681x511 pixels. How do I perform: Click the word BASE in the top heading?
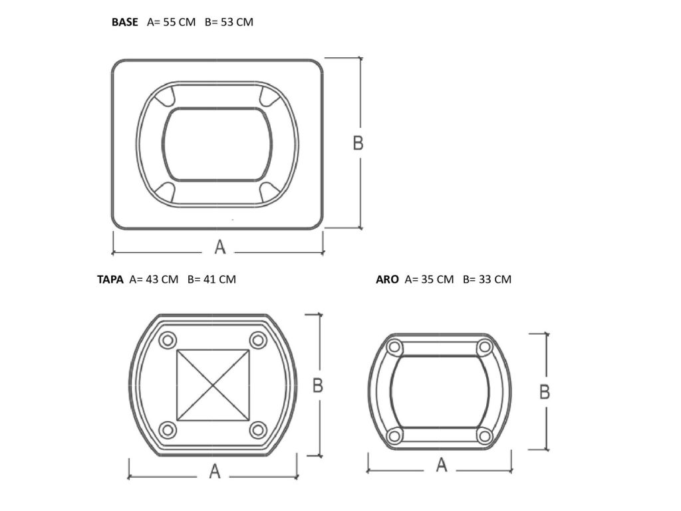click(125, 22)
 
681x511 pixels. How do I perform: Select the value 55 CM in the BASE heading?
click(179, 22)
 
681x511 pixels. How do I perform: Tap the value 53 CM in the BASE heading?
click(237, 22)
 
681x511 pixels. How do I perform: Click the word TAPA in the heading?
click(110, 279)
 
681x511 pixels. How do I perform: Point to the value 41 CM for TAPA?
click(219, 279)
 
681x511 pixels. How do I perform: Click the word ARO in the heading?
click(387, 279)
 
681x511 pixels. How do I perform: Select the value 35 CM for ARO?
click(437, 279)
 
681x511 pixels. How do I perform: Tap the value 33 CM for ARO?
click(495, 279)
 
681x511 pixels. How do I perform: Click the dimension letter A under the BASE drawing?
click(220, 247)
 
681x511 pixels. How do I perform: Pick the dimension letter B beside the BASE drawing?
click(358, 143)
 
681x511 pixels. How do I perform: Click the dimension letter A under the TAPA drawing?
click(214, 472)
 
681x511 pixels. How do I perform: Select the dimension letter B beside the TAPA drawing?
click(318, 385)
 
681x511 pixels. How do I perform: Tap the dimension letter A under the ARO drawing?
click(441, 466)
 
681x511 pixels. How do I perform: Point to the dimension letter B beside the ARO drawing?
click(544, 392)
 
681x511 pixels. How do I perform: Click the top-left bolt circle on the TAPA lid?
click(168, 340)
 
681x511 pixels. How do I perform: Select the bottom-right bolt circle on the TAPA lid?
click(258, 430)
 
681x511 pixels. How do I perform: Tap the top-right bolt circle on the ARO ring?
click(485, 347)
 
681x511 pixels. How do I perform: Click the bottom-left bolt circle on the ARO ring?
click(395, 436)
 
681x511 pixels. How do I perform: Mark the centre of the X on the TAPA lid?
click(213, 385)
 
